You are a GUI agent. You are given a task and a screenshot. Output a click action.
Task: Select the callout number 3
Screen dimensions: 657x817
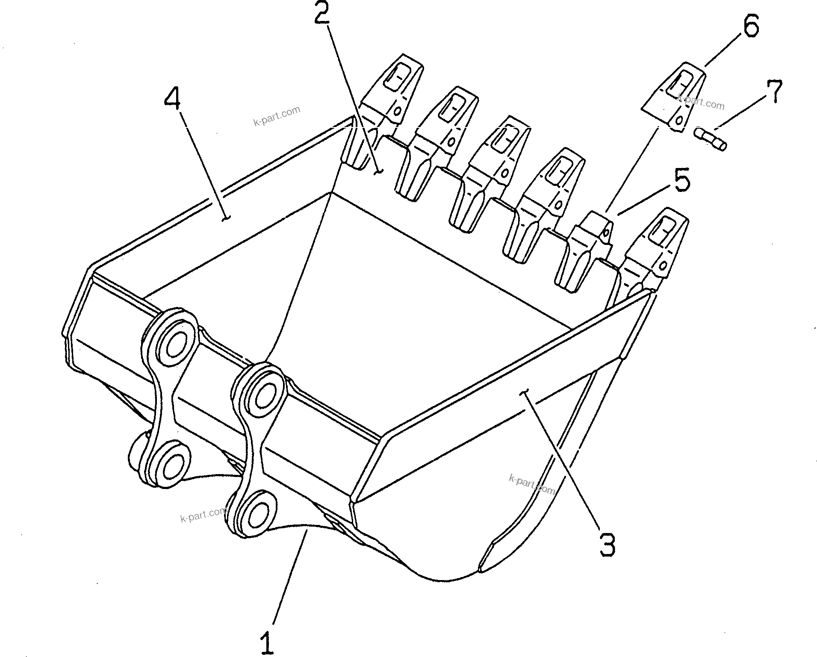[607, 544]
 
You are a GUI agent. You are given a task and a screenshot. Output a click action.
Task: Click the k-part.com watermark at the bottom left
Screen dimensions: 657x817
[204, 515]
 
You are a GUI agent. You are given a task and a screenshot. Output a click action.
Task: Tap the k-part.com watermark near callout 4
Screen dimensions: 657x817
[277, 116]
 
